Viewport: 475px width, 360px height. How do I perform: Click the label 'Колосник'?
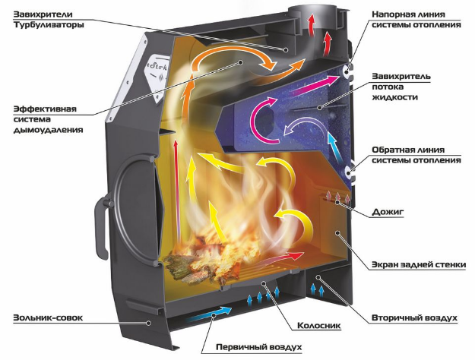tap(319, 326)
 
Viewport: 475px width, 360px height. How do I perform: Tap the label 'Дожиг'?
tap(388, 212)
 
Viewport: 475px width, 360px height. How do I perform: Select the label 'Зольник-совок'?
tap(48, 318)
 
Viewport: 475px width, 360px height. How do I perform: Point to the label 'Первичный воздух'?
tap(259, 346)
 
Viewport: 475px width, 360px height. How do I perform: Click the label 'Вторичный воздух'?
tap(414, 318)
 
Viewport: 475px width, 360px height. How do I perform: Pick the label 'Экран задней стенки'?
tap(419, 264)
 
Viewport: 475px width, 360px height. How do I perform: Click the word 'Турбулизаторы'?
tap(49, 25)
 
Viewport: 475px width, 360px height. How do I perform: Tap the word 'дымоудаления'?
tap(48, 130)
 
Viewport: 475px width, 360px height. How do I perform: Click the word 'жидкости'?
tap(394, 97)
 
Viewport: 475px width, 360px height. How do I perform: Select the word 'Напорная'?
tap(393, 14)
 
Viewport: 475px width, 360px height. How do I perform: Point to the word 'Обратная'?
tap(393, 150)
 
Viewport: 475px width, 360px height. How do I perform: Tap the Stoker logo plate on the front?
tap(157, 77)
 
